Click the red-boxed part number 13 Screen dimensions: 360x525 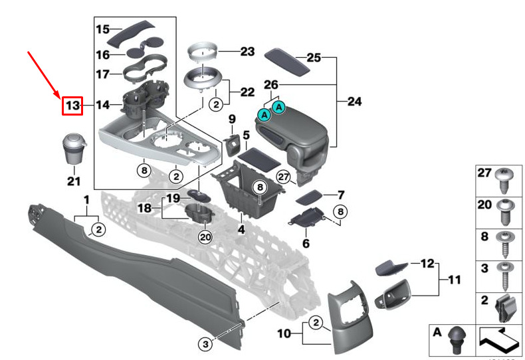72,105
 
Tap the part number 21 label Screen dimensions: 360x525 73,181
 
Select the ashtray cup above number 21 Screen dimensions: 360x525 73,151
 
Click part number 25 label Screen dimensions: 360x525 314,58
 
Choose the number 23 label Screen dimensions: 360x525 229,50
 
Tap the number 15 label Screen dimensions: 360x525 102,29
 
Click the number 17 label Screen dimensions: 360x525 102,74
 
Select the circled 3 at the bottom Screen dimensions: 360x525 206,343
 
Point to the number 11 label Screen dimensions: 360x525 453,280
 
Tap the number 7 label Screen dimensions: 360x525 341,195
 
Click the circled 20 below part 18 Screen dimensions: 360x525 205,237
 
